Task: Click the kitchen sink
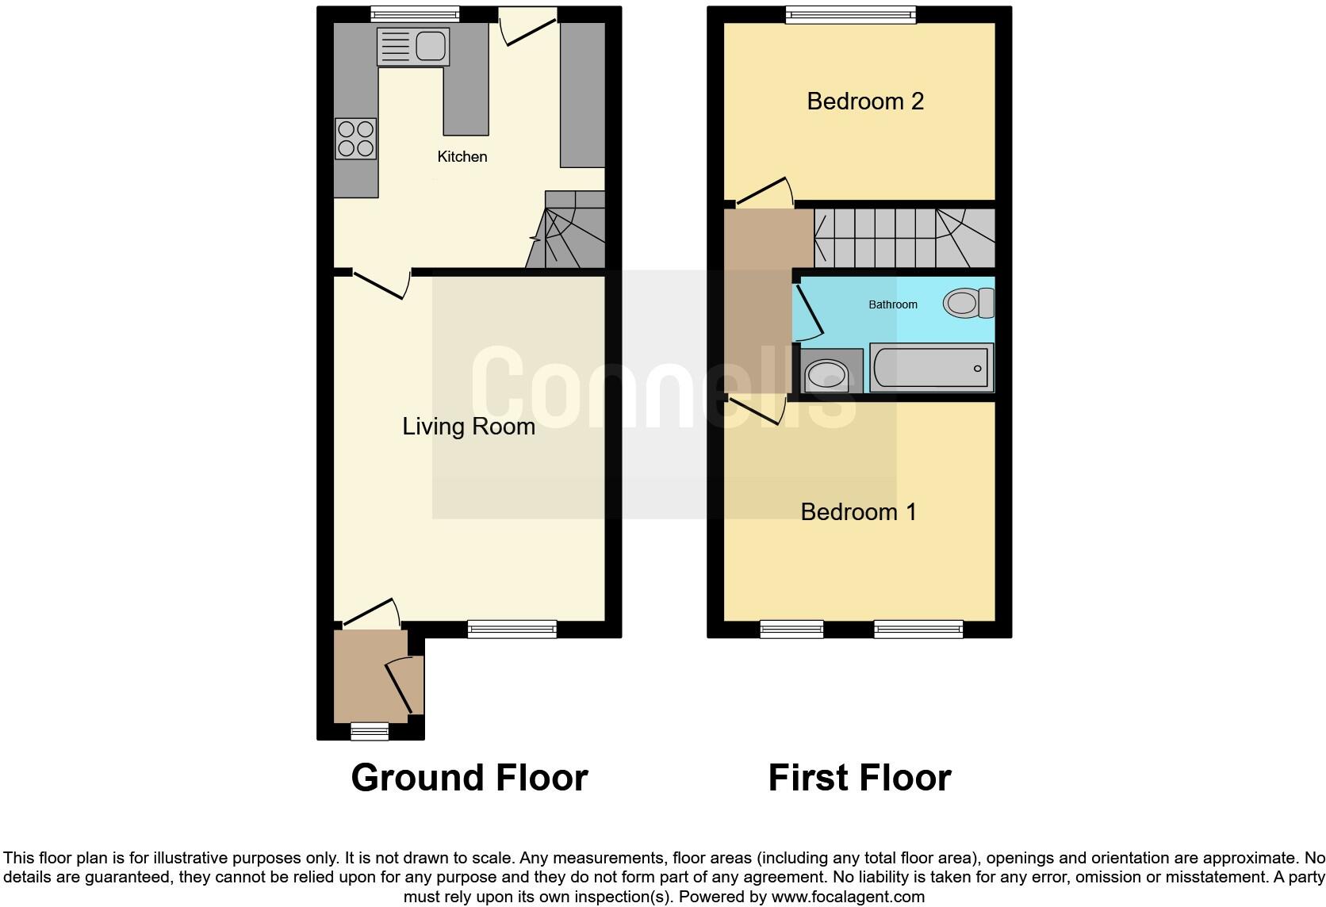(x=412, y=45)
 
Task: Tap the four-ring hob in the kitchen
(x=354, y=139)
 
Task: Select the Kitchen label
(x=462, y=157)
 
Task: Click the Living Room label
(x=468, y=427)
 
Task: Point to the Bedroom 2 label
(x=865, y=101)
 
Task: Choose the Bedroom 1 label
(x=858, y=512)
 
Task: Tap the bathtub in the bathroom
(x=931, y=368)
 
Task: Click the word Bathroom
(x=893, y=304)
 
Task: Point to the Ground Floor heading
(x=469, y=778)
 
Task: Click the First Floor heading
(x=859, y=778)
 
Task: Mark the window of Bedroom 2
(x=850, y=14)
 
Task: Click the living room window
(x=512, y=630)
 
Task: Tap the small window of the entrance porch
(x=370, y=732)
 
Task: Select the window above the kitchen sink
(x=415, y=14)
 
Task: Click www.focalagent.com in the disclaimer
(x=846, y=897)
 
